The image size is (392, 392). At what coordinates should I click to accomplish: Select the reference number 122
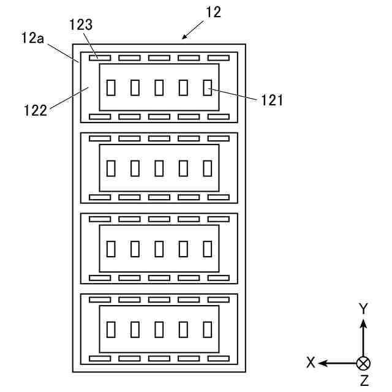click(x=36, y=111)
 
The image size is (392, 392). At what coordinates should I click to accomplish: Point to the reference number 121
click(x=273, y=99)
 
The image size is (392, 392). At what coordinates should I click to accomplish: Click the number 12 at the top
click(x=214, y=12)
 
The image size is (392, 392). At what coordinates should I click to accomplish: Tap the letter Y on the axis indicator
click(x=363, y=309)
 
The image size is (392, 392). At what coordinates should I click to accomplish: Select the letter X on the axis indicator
click(x=311, y=363)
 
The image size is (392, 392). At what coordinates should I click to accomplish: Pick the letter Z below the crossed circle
click(x=364, y=381)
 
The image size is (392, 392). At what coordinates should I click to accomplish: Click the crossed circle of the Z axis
click(x=363, y=363)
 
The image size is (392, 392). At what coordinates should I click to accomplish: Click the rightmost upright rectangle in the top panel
click(x=207, y=88)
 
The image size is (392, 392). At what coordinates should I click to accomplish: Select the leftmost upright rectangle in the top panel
click(x=111, y=88)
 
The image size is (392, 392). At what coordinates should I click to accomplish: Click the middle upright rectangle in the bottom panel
click(x=159, y=329)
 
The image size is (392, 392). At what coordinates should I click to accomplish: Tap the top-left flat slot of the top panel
click(x=100, y=58)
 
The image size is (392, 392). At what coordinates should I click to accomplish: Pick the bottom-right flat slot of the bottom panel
click(x=218, y=358)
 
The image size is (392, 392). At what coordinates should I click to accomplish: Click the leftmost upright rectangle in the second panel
click(x=111, y=167)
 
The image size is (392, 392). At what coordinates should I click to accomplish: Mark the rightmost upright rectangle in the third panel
click(x=207, y=249)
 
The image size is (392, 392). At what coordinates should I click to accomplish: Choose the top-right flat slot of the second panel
click(x=218, y=138)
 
